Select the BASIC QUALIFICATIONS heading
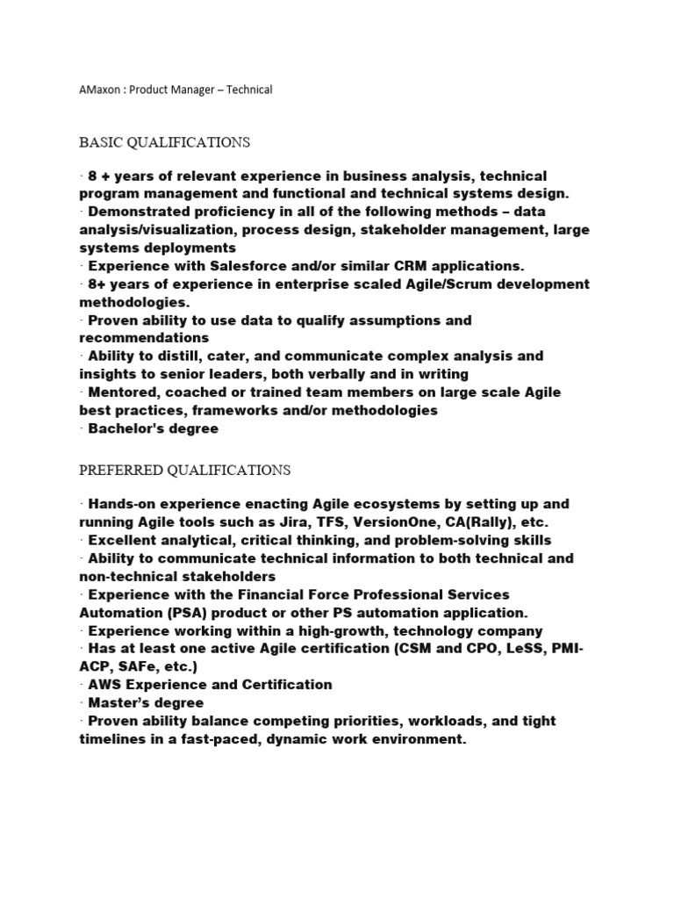click(165, 142)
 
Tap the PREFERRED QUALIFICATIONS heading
click(185, 471)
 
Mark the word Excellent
click(125, 540)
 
